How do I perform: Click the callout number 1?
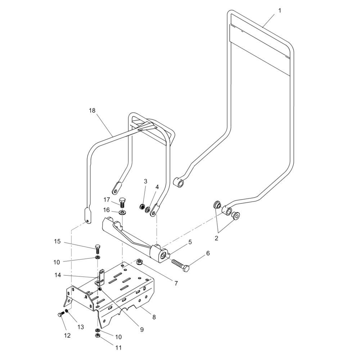(x=279, y=10)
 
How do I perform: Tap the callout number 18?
(x=92, y=111)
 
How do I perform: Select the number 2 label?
(x=216, y=238)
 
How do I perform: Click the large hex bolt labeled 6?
(x=180, y=266)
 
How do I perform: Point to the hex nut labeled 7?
(x=139, y=261)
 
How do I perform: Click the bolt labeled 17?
(x=122, y=202)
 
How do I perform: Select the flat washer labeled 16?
(x=122, y=212)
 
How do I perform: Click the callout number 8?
(x=154, y=317)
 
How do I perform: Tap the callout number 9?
(x=142, y=329)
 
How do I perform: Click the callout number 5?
(x=190, y=242)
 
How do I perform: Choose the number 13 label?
(x=81, y=327)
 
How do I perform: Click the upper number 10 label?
(x=57, y=262)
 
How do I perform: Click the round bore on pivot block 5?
(x=163, y=256)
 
